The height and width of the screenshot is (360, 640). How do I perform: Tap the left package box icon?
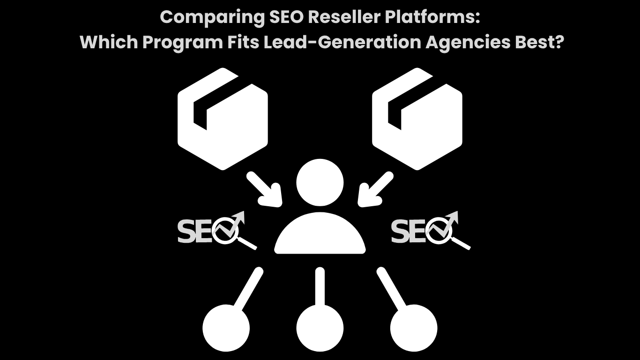[223, 119]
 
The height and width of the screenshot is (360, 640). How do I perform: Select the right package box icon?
[417, 119]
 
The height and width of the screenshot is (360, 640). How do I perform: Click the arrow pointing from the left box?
[265, 189]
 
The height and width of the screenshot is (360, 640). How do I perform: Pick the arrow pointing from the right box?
[375, 189]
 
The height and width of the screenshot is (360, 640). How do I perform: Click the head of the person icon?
[320, 183]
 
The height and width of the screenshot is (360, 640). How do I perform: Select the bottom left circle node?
[226, 327]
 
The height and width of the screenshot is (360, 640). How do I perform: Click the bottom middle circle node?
[320, 327]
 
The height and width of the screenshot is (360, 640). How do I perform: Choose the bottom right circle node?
[414, 327]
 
